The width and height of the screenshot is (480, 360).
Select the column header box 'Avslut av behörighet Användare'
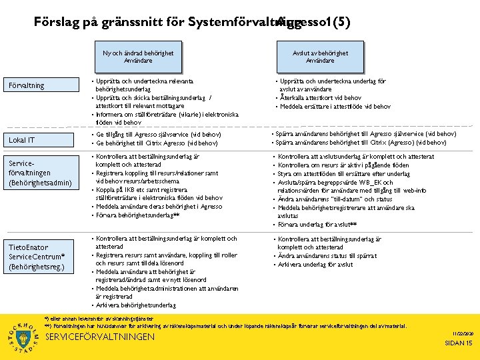click(320, 57)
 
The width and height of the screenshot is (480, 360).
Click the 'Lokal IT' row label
click(22, 140)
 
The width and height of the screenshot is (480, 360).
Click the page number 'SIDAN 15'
click(459, 343)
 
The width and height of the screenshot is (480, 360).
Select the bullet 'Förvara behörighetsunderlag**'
click(137, 215)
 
